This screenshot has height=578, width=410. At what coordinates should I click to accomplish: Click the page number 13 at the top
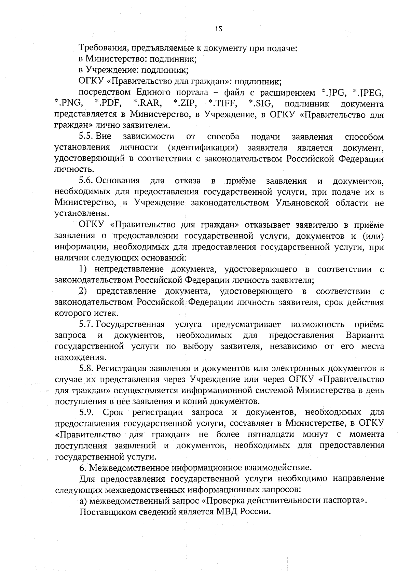[219, 29]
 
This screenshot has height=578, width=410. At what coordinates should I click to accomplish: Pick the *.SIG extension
[261, 104]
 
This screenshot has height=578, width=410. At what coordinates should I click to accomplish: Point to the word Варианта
[365, 335]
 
